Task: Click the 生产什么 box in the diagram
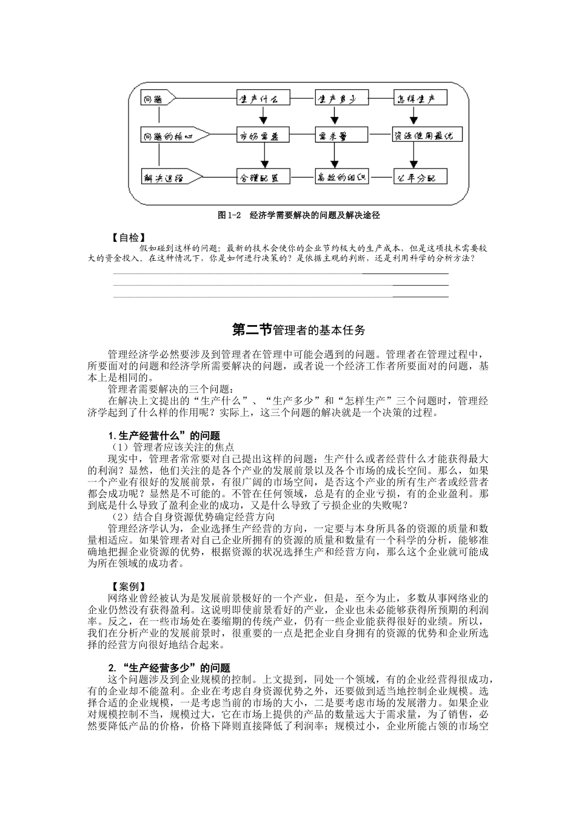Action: pyautogui.click(x=263, y=98)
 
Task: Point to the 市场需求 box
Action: pyautogui.click(x=263, y=136)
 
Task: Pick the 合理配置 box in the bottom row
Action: pyautogui.click(x=263, y=177)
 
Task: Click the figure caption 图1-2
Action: pyautogui.click(x=230, y=215)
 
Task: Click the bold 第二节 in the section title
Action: pyautogui.click(x=252, y=330)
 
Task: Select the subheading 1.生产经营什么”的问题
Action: pyautogui.click(x=164, y=435)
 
